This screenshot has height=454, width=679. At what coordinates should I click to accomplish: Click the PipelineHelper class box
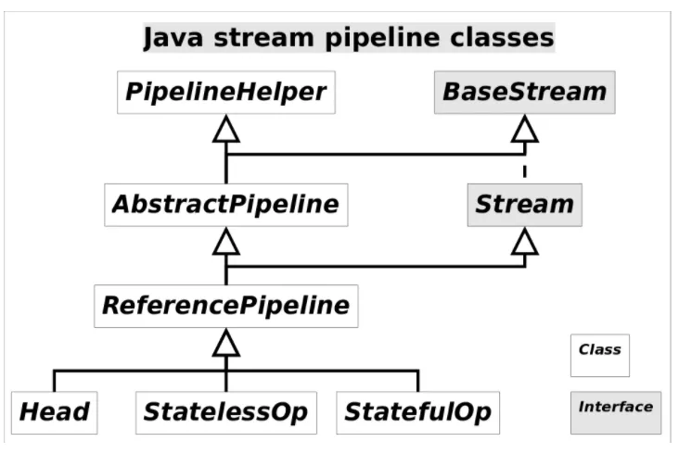coord(225,93)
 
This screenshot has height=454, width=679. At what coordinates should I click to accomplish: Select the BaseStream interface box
coord(524,93)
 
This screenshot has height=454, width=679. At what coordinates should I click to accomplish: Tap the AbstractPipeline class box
coord(225,204)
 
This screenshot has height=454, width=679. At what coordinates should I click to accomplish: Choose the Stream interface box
coord(524,204)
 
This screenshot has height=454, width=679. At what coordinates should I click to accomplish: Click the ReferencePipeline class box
coord(225,305)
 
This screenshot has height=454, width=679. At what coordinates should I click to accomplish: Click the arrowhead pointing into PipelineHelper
coord(225,131)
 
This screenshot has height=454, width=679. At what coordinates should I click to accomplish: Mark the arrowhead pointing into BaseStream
coord(524,131)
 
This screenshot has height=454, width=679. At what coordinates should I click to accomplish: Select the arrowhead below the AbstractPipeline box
coord(225,242)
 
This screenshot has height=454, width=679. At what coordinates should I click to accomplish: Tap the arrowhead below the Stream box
coord(524,242)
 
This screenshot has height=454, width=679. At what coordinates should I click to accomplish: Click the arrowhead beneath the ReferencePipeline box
coord(225,345)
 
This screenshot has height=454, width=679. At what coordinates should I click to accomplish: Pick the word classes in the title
coord(508,39)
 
